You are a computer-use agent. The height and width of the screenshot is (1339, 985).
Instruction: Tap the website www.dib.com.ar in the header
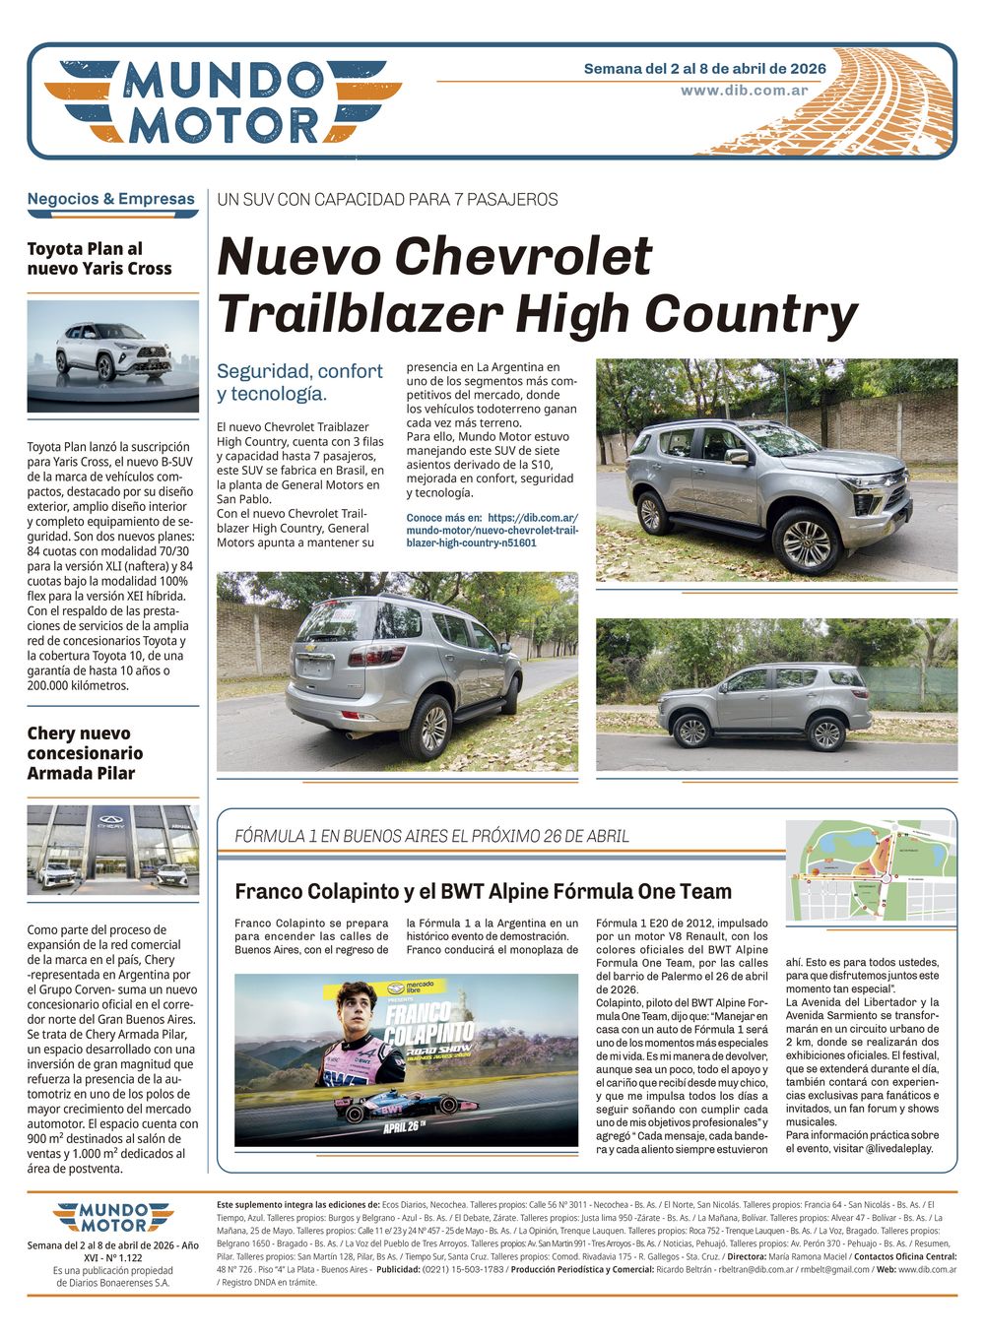tap(744, 91)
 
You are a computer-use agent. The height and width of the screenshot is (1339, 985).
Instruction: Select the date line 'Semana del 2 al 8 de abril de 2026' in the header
tap(704, 69)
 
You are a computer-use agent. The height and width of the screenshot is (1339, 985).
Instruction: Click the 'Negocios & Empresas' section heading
tap(111, 199)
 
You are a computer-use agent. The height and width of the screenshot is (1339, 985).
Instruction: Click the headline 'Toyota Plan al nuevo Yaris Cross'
tap(99, 259)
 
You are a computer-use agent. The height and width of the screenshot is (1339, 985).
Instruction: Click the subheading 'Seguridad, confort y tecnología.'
tap(299, 382)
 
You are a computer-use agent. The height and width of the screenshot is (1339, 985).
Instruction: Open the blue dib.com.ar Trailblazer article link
tap(492, 530)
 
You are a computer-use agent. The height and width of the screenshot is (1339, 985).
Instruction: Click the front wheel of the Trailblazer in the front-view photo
tap(806, 541)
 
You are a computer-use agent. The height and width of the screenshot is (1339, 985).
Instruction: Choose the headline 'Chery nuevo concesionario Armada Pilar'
tap(85, 753)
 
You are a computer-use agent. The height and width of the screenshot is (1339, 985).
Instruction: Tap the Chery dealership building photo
tap(113, 850)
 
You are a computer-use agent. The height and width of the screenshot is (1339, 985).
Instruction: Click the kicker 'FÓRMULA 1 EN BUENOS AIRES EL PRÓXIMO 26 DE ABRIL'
tap(431, 837)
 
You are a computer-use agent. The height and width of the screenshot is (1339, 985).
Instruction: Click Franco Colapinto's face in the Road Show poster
tap(357, 1009)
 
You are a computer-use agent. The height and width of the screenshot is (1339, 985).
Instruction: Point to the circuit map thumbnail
tap(871, 870)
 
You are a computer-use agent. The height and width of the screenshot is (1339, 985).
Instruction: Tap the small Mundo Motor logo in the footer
tap(112, 1217)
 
